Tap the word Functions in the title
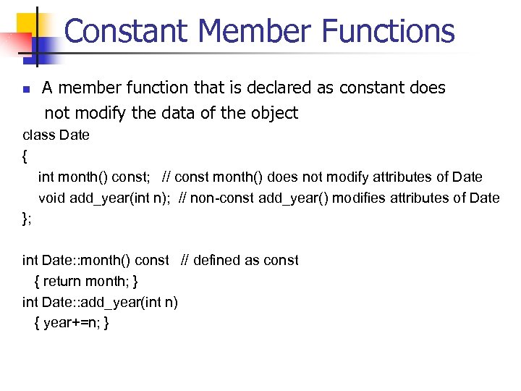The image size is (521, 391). point(389,31)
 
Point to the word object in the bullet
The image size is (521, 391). point(271,113)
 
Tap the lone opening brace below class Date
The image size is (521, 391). point(26,156)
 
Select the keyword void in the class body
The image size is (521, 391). point(51,198)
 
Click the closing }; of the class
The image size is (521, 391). point(27,219)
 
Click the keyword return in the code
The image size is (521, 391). point(62,281)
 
